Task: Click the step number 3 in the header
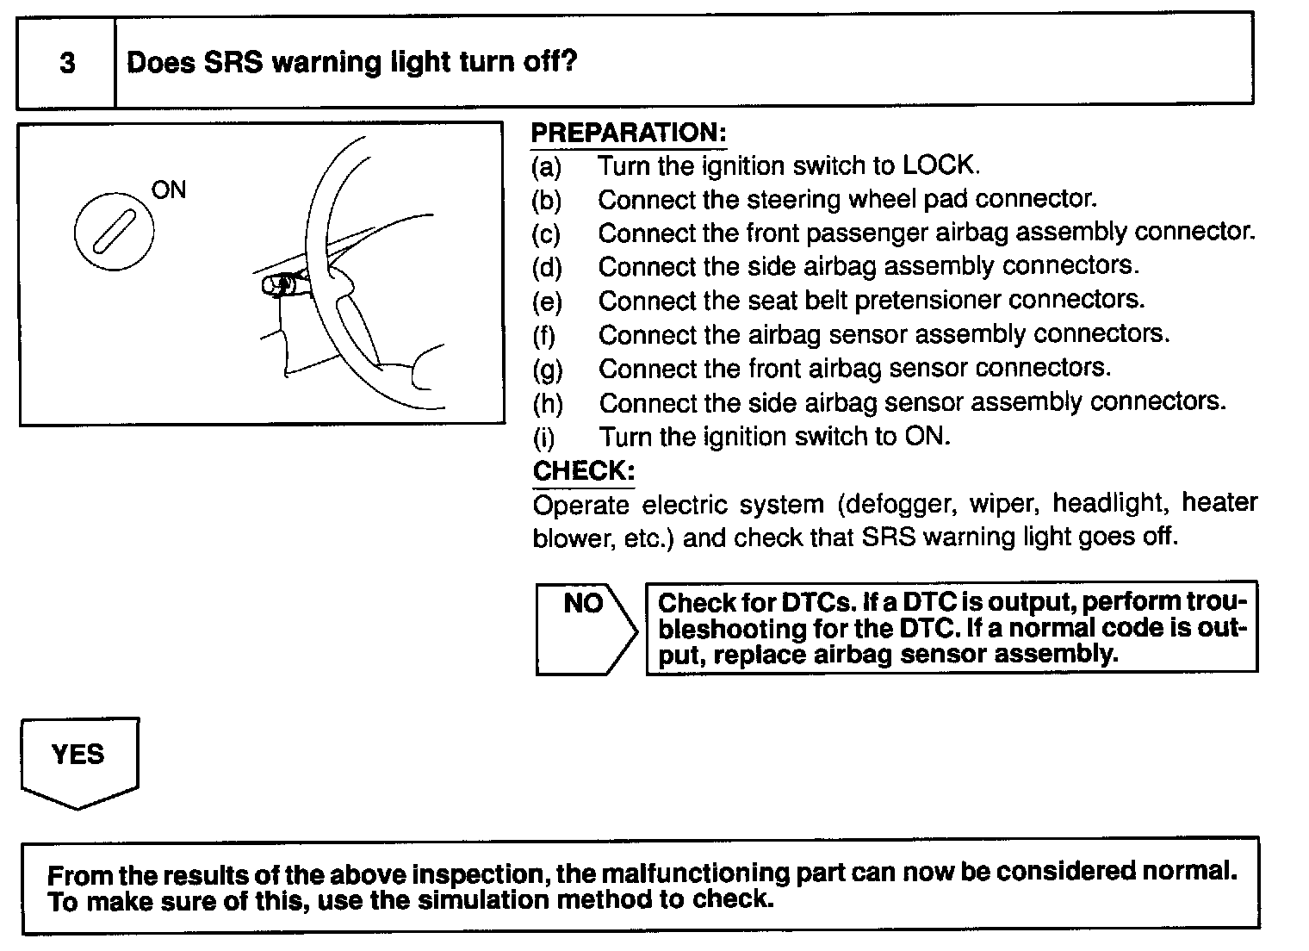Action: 67,64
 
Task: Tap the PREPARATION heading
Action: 629,134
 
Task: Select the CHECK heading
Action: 584,471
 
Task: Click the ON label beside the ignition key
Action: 169,190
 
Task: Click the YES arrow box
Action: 78,758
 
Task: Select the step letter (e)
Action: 547,302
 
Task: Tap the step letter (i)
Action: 544,438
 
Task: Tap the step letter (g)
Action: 547,370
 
